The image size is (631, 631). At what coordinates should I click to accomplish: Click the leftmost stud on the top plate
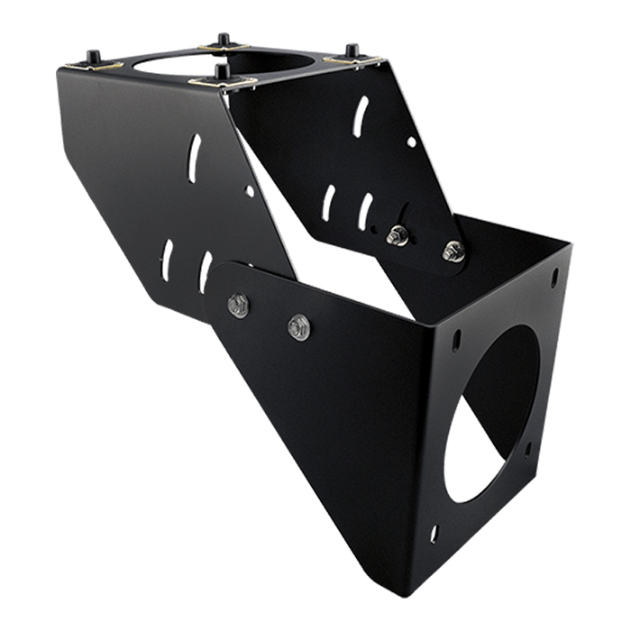click(x=93, y=58)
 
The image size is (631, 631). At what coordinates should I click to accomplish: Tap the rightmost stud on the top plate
click(x=352, y=51)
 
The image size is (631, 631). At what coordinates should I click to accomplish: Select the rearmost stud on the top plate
click(x=224, y=40)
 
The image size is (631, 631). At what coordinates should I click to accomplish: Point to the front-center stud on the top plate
click(x=222, y=72)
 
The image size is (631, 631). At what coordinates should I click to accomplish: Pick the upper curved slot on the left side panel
click(x=194, y=158)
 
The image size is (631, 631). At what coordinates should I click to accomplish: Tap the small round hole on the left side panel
click(x=250, y=191)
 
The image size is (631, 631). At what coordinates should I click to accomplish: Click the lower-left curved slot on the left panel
click(x=168, y=260)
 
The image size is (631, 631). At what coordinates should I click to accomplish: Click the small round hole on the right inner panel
click(x=411, y=142)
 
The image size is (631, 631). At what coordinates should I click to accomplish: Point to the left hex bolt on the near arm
click(x=239, y=305)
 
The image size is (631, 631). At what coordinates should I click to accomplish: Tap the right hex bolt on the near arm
click(x=299, y=327)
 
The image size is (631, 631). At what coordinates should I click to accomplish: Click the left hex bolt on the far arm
click(x=397, y=236)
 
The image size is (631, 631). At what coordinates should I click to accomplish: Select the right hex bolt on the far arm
click(x=453, y=251)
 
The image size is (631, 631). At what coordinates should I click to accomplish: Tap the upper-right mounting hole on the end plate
click(x=553, y=277)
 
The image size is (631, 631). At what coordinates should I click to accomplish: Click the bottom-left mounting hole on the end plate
click(x=434, y=533)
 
